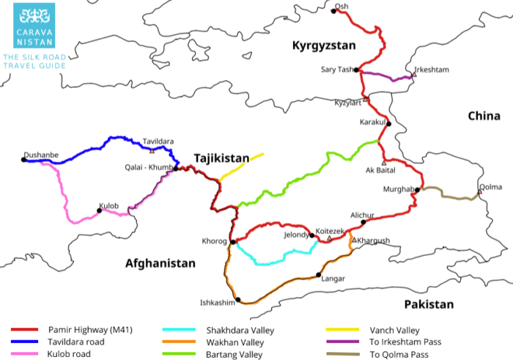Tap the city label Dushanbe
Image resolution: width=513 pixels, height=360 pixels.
pos(41,155)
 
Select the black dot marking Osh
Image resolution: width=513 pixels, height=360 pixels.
pos(334,11)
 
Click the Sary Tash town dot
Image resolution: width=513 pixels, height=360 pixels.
pos(356,70)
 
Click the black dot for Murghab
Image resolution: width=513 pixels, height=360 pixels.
pos(417,190)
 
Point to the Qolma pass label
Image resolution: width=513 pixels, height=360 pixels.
pos(490,187)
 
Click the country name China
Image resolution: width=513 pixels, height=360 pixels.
pos(484,116)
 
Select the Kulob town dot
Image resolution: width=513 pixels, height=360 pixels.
pos(99,210)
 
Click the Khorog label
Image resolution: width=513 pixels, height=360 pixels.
pos(215,241)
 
